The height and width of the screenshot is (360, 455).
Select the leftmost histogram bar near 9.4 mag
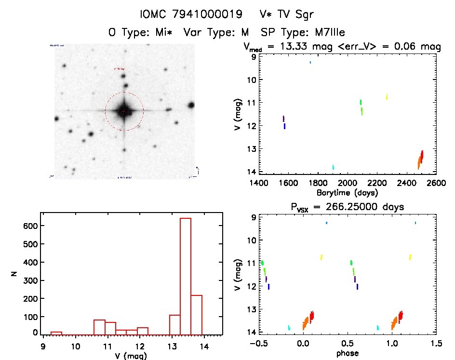(56, 333)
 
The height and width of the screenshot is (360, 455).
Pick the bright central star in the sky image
(124, 111)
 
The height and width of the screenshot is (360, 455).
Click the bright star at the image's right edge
(191, 105)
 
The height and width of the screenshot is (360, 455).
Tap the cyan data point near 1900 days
(333, 167)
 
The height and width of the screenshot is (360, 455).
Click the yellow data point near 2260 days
(387, 97)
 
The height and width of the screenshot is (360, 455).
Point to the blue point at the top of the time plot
(310, 62)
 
